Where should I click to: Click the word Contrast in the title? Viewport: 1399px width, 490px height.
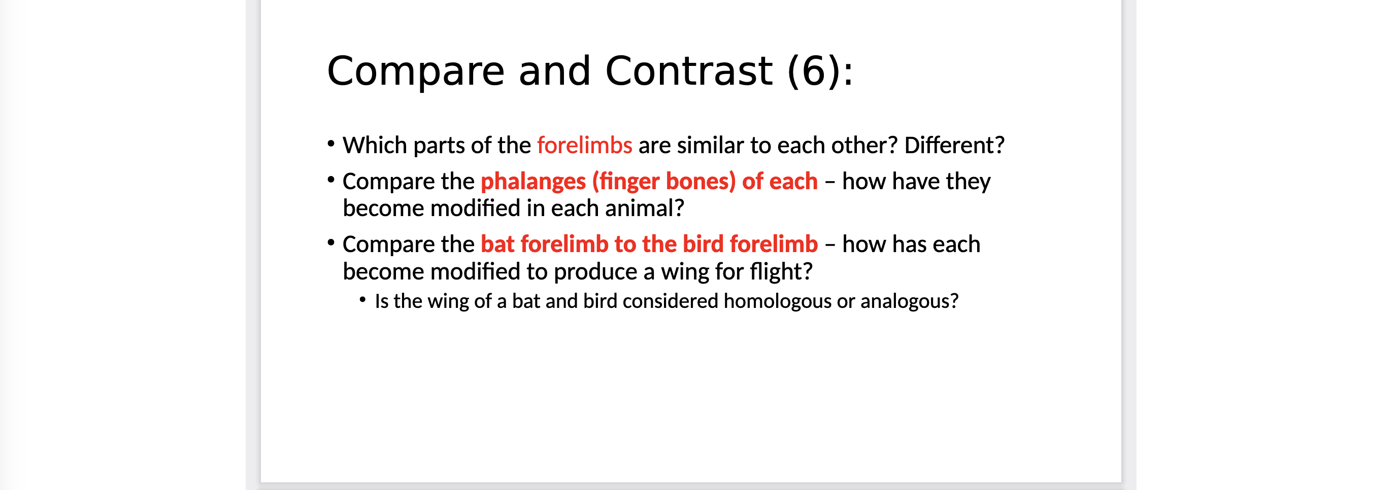(689, 71)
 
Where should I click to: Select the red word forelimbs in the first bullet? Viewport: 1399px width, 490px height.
(584, 145)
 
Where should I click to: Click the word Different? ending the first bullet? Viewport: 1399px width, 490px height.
(954, 145)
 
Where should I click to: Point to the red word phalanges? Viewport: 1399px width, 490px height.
(534, 181)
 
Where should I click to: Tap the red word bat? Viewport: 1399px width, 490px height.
(497, 244)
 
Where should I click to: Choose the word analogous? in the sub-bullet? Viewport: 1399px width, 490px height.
(910, 301)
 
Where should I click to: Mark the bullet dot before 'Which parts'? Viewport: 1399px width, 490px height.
(331, 143)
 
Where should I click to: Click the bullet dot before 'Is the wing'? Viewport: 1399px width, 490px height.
(363, 299)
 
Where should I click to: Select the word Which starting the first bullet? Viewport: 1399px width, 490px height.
(375, 145)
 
